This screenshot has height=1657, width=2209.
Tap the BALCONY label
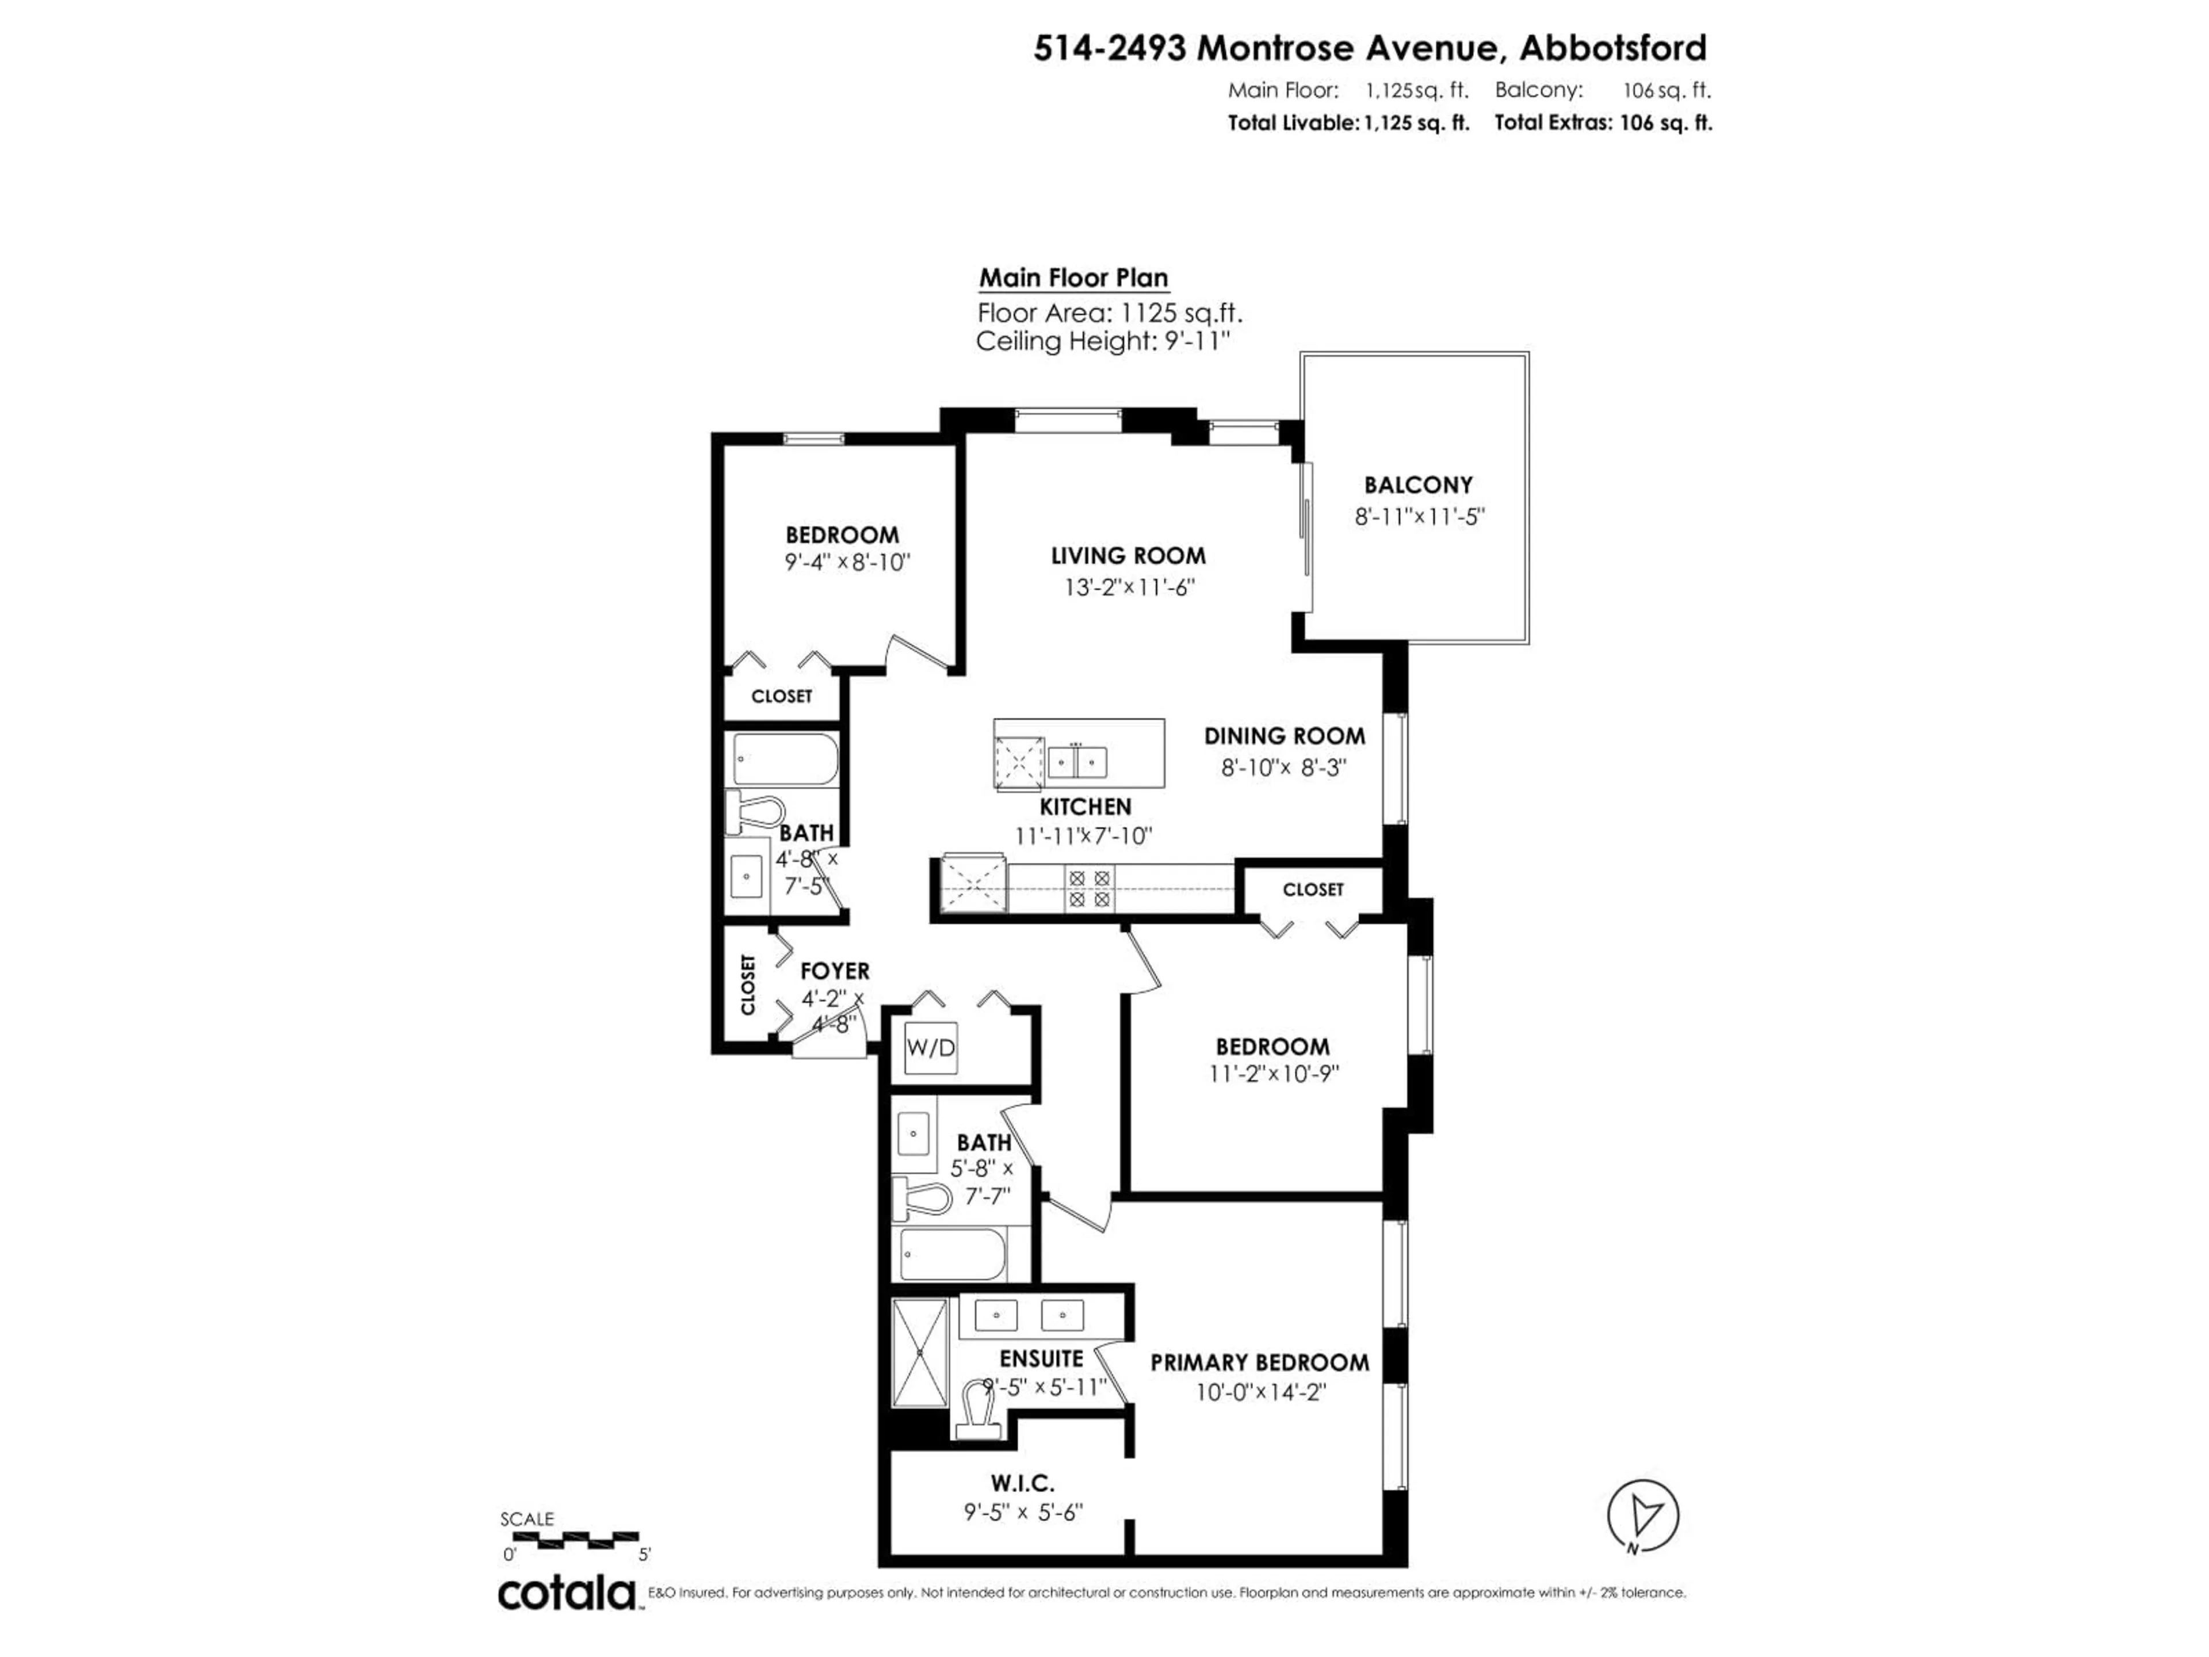coord(1418,486)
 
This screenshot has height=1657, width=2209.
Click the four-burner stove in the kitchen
coord(1088,888)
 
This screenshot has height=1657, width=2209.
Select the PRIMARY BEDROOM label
coord(1259,1362)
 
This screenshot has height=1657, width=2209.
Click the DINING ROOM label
coord(1283,736)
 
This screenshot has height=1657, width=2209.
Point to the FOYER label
coord(834,971)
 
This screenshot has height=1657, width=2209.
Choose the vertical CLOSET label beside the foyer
coord(748,985)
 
